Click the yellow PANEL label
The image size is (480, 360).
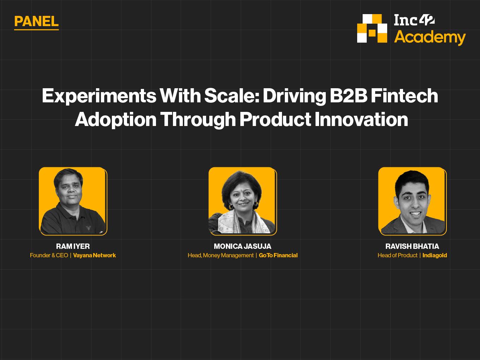36,22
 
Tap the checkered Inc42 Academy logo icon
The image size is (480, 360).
372,29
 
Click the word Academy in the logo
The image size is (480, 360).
430,38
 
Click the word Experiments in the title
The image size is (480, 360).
99,96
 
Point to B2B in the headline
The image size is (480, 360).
348,96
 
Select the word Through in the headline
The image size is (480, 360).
198,120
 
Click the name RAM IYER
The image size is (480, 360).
73,246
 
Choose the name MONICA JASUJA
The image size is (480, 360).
242,246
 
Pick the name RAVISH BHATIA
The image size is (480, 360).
412,246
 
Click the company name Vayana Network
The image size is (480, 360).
95,255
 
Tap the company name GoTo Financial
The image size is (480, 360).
278,255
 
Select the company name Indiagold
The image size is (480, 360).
435,255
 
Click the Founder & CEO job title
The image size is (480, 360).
49,255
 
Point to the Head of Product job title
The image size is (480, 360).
397,255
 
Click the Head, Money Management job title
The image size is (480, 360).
221,256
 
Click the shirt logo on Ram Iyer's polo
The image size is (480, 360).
88,228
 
